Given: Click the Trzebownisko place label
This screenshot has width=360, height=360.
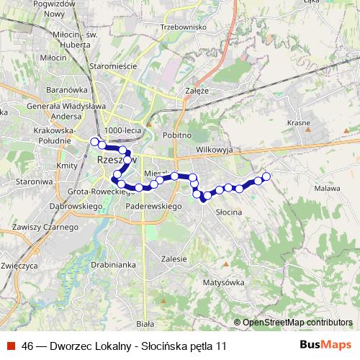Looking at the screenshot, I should (184, 27).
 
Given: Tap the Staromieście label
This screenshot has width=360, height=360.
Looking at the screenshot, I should (113, 66).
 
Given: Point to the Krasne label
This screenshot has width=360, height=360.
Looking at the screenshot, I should (298, 123).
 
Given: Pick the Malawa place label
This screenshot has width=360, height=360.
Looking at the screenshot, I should (328, 188).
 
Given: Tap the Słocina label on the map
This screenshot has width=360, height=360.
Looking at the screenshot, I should (228, 212).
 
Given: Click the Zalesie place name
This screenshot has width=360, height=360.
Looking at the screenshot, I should (174, 258).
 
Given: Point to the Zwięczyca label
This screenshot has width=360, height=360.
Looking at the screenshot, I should (19, 265).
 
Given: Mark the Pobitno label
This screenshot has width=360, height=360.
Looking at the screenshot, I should (177, 135).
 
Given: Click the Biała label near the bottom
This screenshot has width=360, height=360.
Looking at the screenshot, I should (145, 324).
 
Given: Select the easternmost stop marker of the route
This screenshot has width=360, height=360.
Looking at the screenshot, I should (266, 176).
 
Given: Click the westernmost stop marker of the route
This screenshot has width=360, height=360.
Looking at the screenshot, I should (94, 141).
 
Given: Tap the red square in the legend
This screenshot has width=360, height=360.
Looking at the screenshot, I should (12, 346).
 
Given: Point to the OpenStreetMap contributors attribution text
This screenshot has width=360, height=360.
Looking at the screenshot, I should (297, 322).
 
